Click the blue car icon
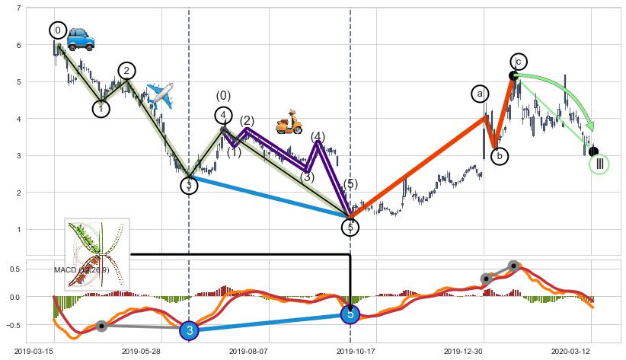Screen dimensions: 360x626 pyautogui.click(x=80, y=40)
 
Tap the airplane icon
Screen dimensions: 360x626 pyautogui.click(x=160, y=95)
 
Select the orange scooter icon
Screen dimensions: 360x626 pyautogui.click(x=289, y=121)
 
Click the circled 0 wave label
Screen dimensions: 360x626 pyautogui.click(x=58, y=30)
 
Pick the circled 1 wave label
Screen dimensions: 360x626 pyautogui.click(x=101, y=109)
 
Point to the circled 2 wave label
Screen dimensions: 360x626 pyautogui.click(x=126, y=71)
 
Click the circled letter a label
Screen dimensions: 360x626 pyautogui.click(x=480, y=94)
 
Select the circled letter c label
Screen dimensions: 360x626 pyautogui.click(x=519, y=62)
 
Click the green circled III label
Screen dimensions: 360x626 pyautogui.click(x=599, y=164)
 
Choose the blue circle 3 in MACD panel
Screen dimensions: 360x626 pyautogui.click(x=190, y=330)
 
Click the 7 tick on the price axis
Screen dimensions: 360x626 pyautogui.click(x=18, y=8)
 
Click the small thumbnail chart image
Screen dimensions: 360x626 pyautogui.click(x=97, y=254)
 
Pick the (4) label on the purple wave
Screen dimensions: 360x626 pyautogui.click(x=318, y=137)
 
